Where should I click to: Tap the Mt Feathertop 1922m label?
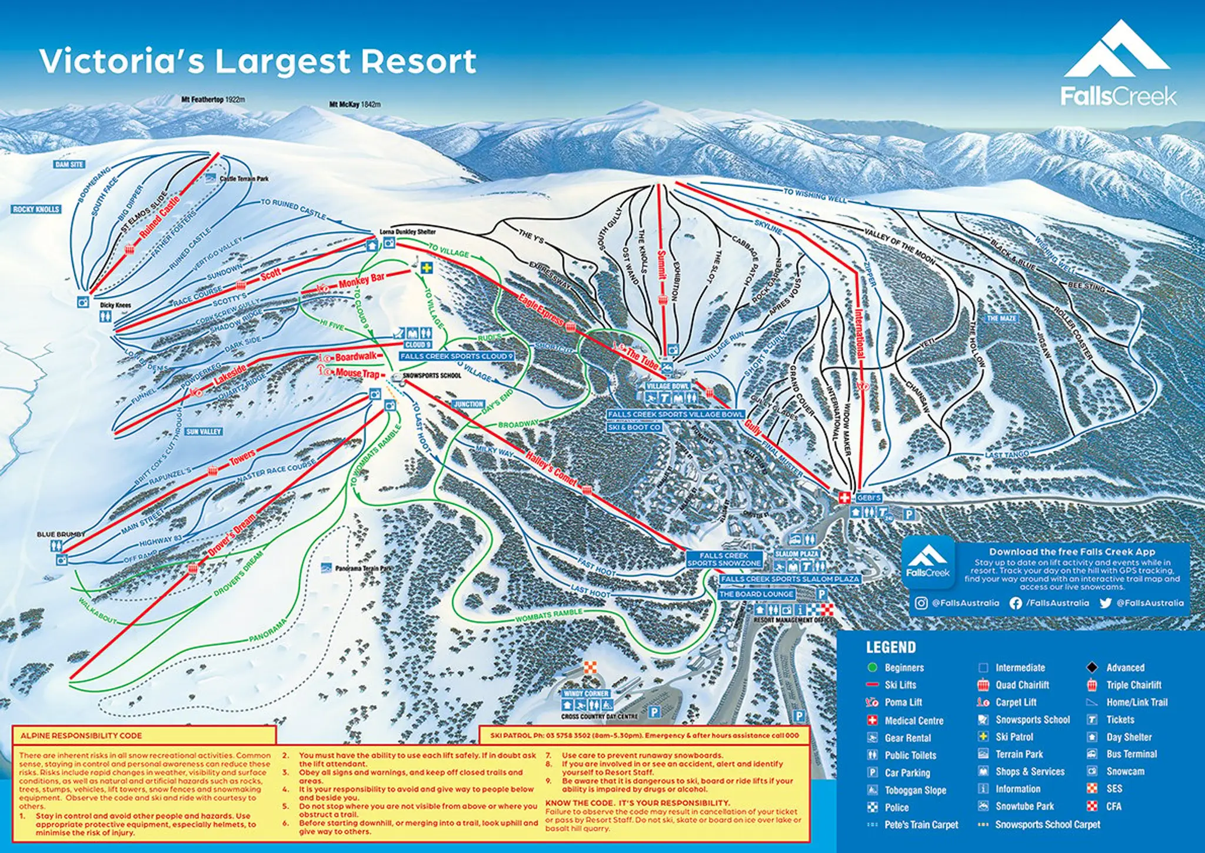pyautogui.click(x=213, y=99)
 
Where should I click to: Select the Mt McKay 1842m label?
pyautogui.click(x=354, y=104)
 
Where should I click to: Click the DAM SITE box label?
pyautogui.click(x=69, y=164)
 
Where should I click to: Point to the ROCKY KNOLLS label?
pyautogui.click(x=36, y=209)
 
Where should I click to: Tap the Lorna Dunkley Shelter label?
pyautogui.click(x=407, y=232)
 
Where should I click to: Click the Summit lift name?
pyautogui.click(x=662, y=264)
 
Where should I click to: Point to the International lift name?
pyautogui.click(x=860, y=333)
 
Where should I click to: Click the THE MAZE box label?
pyautogui.click(x=1001, y=318)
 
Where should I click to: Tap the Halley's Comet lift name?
pyautogui.click(x=551, y=469)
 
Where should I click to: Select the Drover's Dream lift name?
pyautogui.click(x=232, y=535)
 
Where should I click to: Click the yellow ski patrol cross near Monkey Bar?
pyautogui.click(x=427, y=268)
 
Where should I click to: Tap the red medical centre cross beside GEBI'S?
pyautogui.click(x=844, y=497)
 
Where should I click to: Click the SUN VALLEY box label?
pyautogui.click(x=204, y=432)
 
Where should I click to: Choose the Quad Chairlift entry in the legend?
pyautogui.click(x=1021, y=685)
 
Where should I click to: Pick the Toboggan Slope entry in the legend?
pyautogui.click(x=915, y=790)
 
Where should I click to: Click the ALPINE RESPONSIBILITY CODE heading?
pyautogui.click(x=81, y=735)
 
